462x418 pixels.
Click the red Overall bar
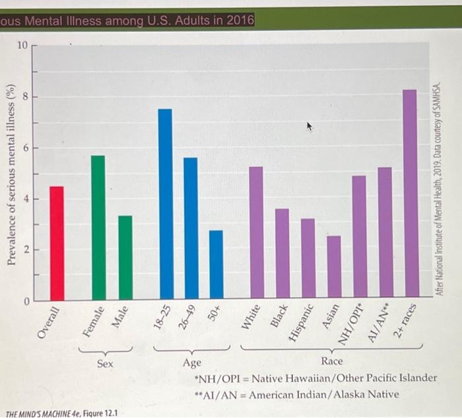coord(57,244)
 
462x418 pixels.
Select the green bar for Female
coord(98,228)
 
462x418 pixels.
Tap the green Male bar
coord(125,258)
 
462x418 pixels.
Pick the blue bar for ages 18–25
coord(166,204)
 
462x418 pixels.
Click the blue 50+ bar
coord(216,264)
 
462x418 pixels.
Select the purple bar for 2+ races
coord(412,193)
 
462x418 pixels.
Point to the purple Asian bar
coord(334,267)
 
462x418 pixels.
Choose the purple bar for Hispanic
coord(308,258)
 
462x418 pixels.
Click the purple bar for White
coord(257,232)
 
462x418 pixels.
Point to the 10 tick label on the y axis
coord(22,46)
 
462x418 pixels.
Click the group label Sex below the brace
coord(105,363)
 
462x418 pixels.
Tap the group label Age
coord(192,363)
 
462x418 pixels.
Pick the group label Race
coord(332,361)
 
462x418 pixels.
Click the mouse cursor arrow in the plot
coord(309,127)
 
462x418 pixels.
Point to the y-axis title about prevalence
coord(11,174)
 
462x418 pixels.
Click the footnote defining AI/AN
coord(297,394)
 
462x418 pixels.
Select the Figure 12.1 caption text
coord(61,413)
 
